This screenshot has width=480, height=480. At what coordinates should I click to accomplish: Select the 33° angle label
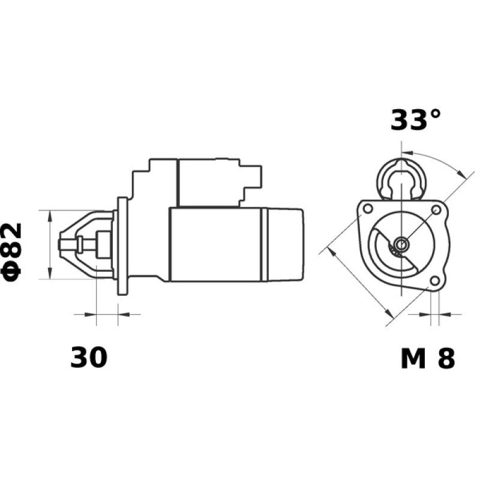[415, 120]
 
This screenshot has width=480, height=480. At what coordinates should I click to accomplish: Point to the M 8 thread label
[427, 358]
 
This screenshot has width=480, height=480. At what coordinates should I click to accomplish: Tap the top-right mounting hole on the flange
[436, 209]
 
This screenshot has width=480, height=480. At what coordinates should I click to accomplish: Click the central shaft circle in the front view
[400, 244]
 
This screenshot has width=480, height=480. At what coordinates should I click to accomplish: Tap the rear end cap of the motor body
[282, 244]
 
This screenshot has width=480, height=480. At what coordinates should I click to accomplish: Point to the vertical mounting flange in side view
[123, 245]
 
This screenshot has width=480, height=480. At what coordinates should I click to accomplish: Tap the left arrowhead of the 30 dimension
[91, 314]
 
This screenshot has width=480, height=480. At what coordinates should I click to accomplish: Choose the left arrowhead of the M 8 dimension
[427, 313]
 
